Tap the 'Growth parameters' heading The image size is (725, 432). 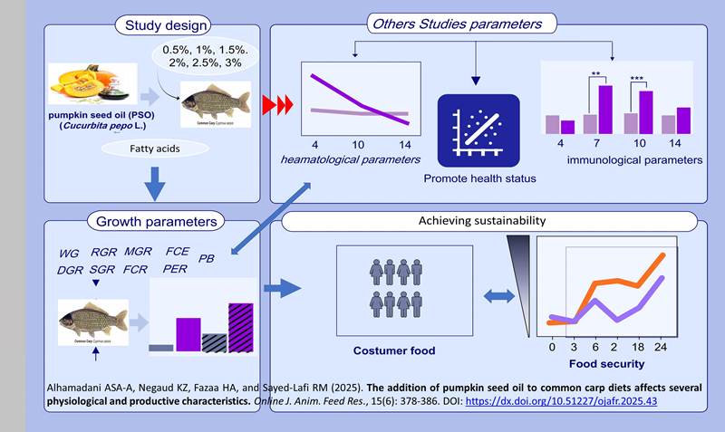click(157, 219)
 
